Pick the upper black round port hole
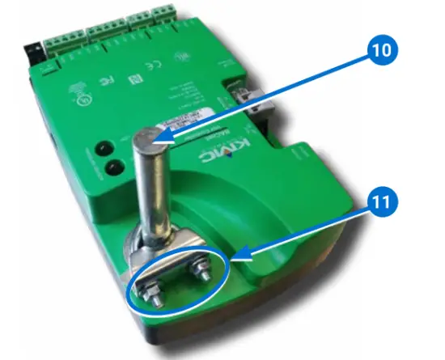coord(104,149)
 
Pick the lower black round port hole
coord(114,168)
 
